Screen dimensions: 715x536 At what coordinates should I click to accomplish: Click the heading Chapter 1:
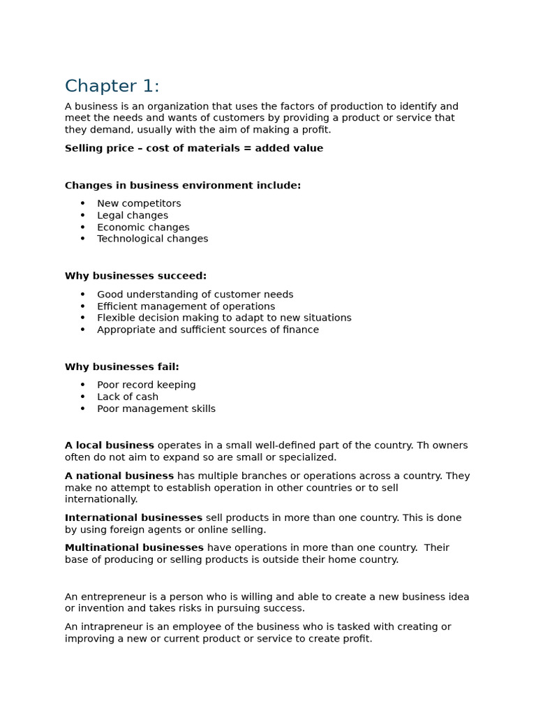[x=112, y=87]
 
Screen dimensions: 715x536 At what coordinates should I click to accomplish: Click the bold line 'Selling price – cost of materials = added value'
[x=193, y=149]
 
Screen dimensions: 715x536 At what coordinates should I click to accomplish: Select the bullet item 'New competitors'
[x=139, y=204]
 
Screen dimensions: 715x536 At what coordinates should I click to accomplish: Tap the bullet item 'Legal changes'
[x=133, y=216]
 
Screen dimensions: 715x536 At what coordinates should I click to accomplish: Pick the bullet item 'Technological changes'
[x=152, y=239]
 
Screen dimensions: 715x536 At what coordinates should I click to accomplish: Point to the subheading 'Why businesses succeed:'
[x=135, y=277]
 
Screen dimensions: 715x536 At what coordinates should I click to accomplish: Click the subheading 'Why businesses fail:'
[x=121, y=367]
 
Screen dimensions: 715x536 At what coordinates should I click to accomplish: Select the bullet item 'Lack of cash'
[x=128, y=397]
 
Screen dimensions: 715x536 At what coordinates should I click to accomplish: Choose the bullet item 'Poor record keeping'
[x=147, y=385]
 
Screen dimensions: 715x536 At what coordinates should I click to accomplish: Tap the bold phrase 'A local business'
[x=110, y=445]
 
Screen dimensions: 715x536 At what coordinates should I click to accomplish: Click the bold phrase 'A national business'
[x=119, y=476]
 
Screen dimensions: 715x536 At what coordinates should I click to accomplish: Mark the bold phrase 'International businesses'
[x=133, y=518]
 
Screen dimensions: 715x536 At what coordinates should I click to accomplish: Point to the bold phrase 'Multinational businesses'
[x=134, y=548]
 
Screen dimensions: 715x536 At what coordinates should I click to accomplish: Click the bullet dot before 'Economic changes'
[x=82, y=228]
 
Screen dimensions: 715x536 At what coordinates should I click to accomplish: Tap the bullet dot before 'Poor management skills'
[x=82, y=409]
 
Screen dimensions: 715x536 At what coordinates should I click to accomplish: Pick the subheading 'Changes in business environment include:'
[x=183, y=186]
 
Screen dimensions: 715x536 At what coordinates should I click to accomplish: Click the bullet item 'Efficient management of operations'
[x=186, y=307]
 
